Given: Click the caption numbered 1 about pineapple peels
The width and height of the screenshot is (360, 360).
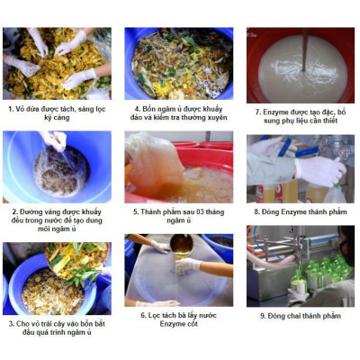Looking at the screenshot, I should click(x=58, y=113).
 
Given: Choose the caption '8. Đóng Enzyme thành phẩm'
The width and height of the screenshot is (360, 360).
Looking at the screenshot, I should click(x=301, y=213).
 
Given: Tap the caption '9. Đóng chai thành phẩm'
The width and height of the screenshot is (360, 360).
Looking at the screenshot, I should click(x=301, y=316).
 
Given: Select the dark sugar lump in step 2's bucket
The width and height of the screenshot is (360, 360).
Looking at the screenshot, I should click(x=60, y=172).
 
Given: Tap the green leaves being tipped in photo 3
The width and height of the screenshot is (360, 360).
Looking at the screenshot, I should click(x=76, y=256).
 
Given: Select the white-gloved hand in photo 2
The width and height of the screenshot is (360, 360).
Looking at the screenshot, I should click(x=55, y=140).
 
